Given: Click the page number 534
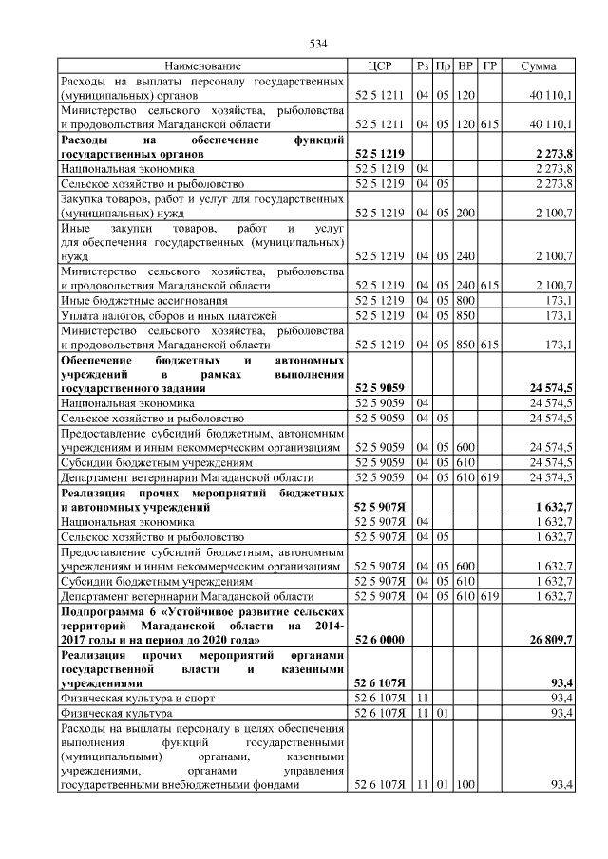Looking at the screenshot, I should pyautogui.click(x=318, y=44).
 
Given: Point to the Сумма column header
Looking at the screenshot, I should pyautogui.click(x=538, y=66).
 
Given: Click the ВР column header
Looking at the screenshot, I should pyautogui.click(x=465, y=66).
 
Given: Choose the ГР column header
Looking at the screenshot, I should pyautogui.click(x=489, y=66).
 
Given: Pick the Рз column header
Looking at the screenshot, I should pyautogui.click(x=422, y=66).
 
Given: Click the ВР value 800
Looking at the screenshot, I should pyautogui.click(x=465, y=300).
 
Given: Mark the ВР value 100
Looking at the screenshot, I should pyautogui.click(x=465, y=785).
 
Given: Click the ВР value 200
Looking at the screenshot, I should pyautogui.click(x=465, y=213).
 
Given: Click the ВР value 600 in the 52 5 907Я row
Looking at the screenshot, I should pyautogui.click(x=465, y=567).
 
